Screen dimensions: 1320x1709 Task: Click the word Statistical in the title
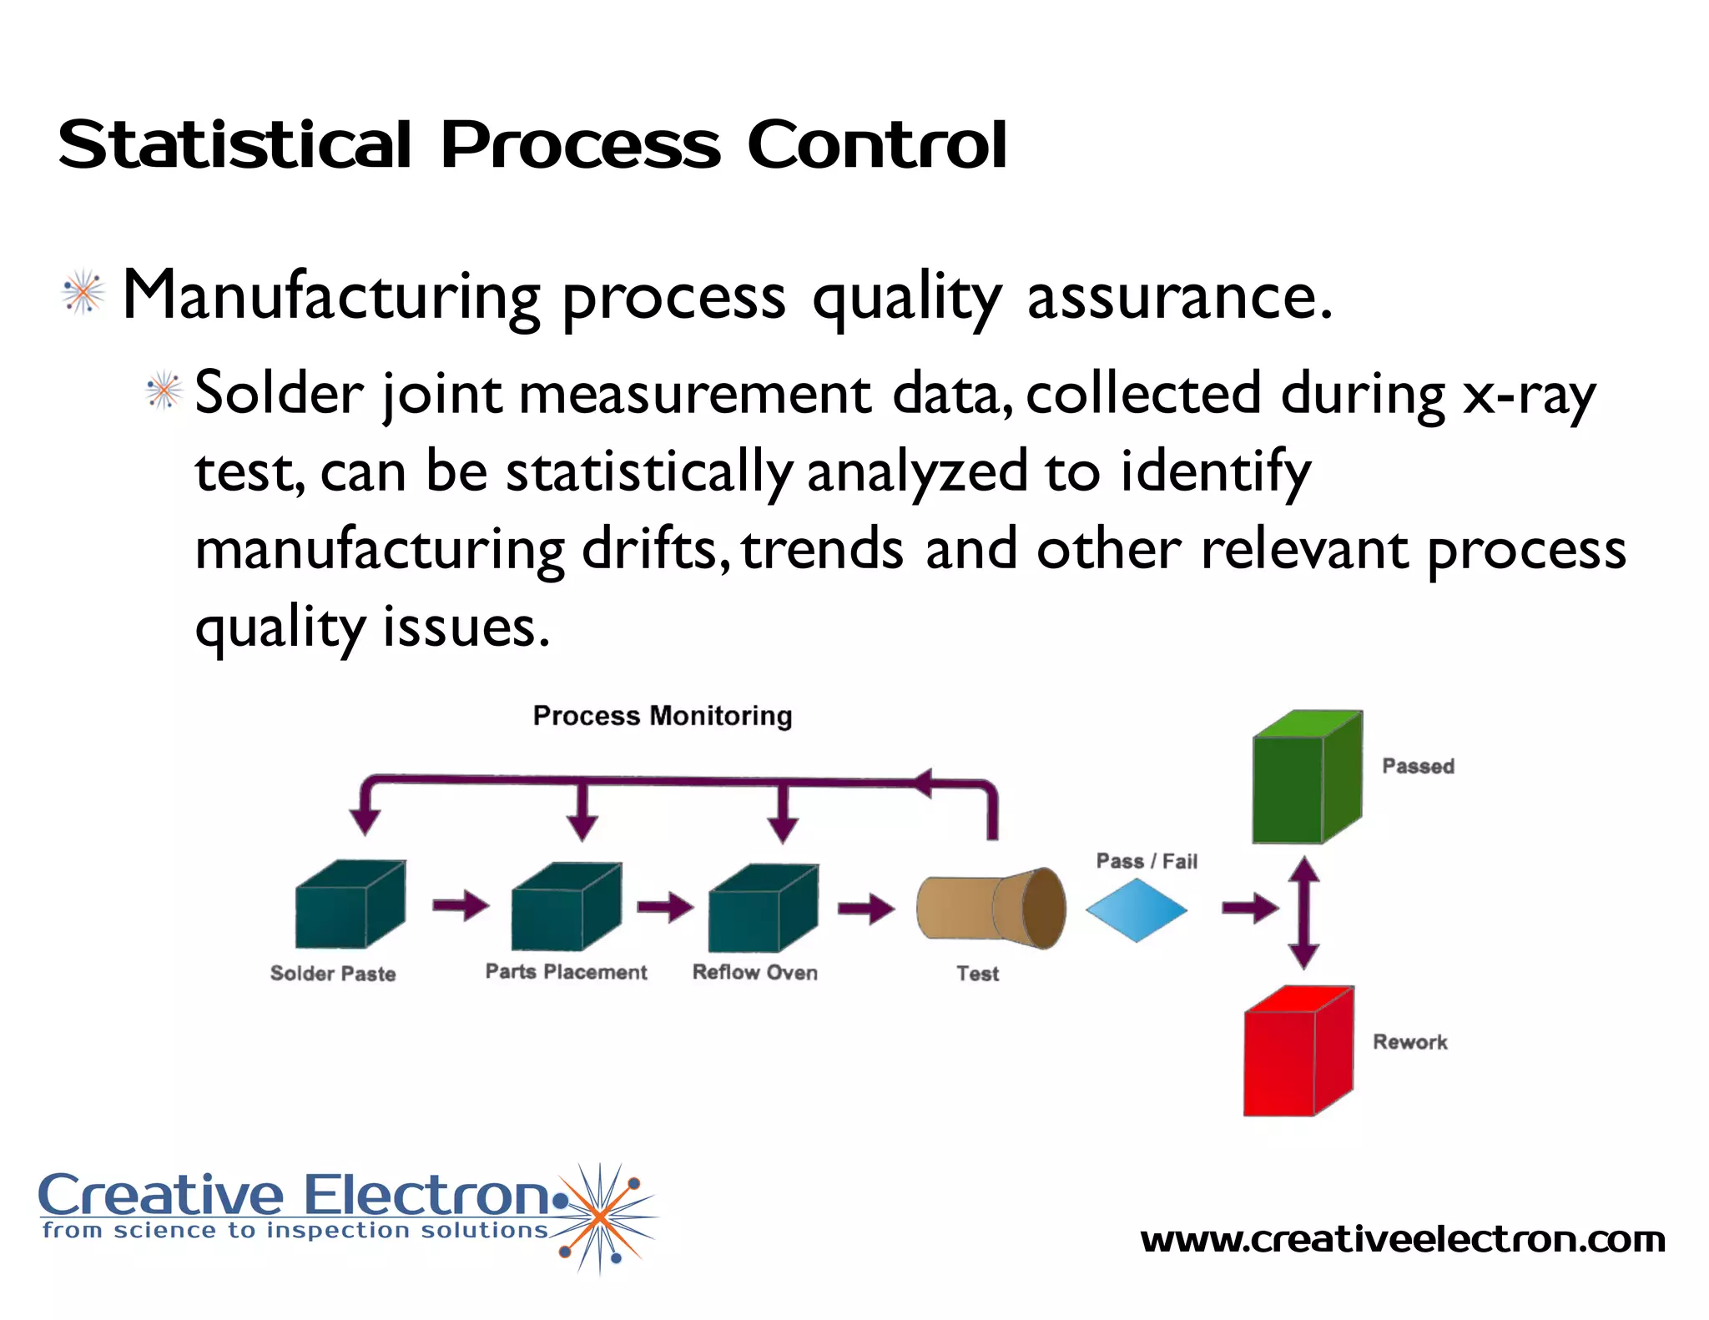[234, 145]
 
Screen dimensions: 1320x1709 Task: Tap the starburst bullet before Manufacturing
[83, 293]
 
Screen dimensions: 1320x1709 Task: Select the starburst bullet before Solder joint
[164, 390]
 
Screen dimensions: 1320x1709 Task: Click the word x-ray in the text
[1529, 394]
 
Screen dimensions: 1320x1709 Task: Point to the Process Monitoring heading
[663, 716]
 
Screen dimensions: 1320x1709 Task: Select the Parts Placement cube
[565, 908]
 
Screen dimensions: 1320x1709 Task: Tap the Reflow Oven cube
[762, 909]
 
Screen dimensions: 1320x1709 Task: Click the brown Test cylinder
[991, 909]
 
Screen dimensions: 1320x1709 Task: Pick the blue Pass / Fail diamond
[1136, 909]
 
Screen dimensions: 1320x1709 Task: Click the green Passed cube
[1305, 778]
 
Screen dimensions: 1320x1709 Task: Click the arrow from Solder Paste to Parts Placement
[460, 905]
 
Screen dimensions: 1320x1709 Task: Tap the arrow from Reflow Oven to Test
[865, 909]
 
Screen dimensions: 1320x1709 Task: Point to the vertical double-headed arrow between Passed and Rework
[1303, 912]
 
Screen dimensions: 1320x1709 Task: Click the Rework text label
[1409, 1042]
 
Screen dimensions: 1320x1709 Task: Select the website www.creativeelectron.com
[1402, 1239]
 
